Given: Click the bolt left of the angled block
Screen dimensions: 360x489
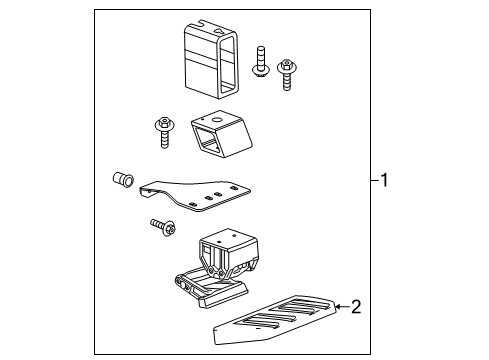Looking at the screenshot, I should click(x=162, y=131).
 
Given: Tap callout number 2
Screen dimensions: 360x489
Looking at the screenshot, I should click(x=355, y=306).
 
